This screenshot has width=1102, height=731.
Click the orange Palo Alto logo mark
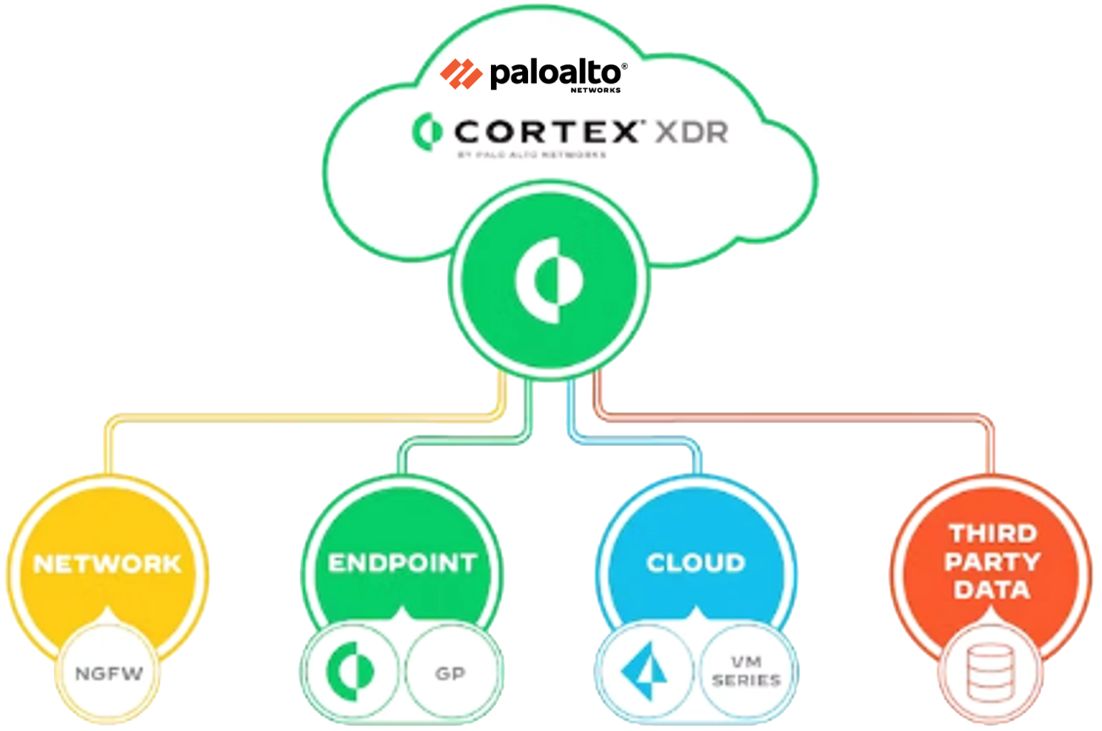(x=461, y=74)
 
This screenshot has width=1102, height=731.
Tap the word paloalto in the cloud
(x=555, y=73)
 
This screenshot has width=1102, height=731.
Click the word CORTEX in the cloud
(x=547, y=132)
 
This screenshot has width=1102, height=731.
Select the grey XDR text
(x=692, y=133)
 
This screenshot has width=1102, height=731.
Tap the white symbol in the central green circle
(x=549, y=280)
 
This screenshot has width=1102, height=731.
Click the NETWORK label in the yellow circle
(x=107, y=564)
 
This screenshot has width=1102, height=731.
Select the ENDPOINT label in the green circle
(x=402, y=563)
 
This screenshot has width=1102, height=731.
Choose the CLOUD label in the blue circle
(x=695, y=563)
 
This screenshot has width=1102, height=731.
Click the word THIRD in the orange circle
(x=993, y=533)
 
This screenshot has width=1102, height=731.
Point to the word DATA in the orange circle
(x=992, y=590)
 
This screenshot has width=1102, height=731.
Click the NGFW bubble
(x=109, y=673)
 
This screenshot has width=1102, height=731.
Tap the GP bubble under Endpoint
(x=450, y=673)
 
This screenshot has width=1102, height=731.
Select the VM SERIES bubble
(x=746, y=671)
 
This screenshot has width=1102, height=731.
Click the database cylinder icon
(x=991, y=672)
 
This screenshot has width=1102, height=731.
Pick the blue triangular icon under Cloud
(x=644, y=671)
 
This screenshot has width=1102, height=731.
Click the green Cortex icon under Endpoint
(x=351, y=671)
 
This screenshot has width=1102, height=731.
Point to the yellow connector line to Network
(x=296, y=418)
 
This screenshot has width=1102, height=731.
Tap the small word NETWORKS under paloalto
(x=595, y=90)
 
